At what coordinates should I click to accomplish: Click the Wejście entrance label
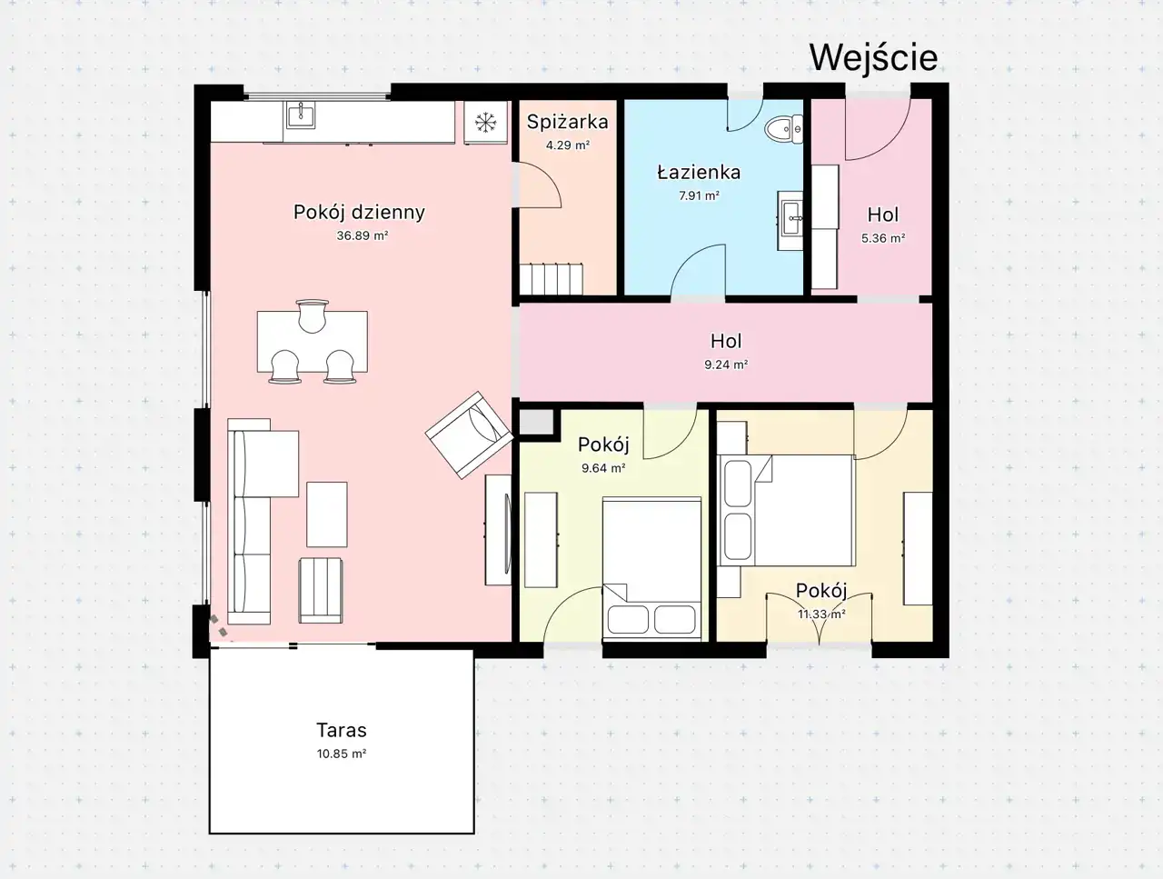coord(874,57)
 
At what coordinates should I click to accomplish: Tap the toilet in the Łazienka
coord(784,129)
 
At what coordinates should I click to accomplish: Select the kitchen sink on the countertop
coord(301,115)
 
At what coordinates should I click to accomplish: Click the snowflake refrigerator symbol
coord(485,123)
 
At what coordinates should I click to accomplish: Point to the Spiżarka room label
coord(568,122)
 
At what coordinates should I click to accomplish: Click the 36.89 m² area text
coord(363,235)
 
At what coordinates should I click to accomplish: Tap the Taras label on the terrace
coord(342,730)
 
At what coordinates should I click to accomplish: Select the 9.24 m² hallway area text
coord(726,365)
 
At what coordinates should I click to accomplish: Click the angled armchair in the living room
coord(470,435)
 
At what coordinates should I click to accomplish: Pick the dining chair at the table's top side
coord(312,315)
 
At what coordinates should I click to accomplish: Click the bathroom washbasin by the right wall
coord(790,220)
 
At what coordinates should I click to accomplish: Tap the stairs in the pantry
coord(551,279)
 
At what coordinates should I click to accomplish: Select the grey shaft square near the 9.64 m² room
coord(536,423)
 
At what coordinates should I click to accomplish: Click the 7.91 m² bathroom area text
coord(699,195)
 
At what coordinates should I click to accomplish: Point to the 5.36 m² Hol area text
coord(883,238)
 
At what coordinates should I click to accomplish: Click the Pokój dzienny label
coord(359,213)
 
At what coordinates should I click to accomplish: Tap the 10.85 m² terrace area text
coord(342,754)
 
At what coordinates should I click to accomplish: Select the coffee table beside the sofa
coord(327,514)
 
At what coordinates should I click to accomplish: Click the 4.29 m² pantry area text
coord(568,145)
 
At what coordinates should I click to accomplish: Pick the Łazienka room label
coord(699,172)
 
